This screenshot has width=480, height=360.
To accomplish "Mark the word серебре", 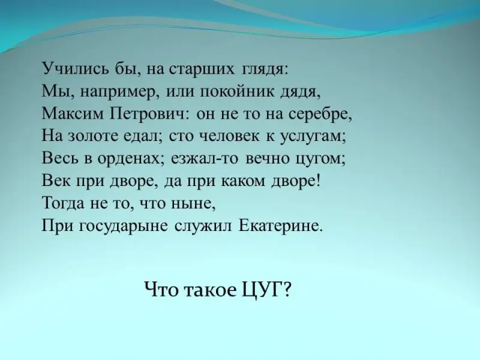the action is [319, 114].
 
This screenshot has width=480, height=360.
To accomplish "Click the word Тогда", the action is [63, 203].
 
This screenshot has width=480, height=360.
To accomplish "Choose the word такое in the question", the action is [211, 290].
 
